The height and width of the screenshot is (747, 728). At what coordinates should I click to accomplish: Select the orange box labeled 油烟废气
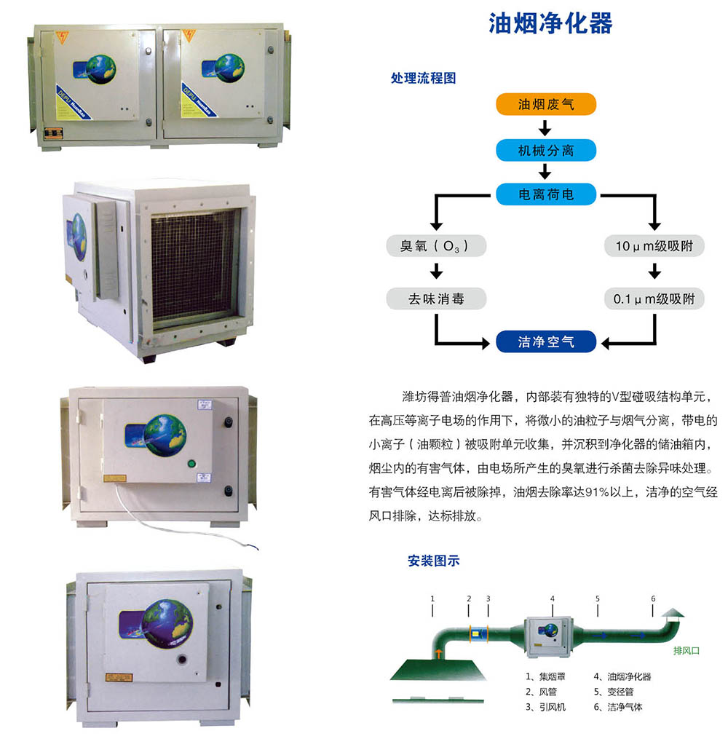[546, 104]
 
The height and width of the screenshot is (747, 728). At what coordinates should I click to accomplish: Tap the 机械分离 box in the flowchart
[546, 151]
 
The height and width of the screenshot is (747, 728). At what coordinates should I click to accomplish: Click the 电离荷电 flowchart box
[546, 194]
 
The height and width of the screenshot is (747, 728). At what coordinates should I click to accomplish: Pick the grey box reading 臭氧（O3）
[436, 246]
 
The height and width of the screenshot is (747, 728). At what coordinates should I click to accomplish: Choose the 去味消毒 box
[436, 298]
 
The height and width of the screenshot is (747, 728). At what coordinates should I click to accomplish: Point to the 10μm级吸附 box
[654, 246]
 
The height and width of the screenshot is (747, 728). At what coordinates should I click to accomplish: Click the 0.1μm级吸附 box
[654, 298]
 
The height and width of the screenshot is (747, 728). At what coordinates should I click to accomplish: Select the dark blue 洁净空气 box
[546, 341]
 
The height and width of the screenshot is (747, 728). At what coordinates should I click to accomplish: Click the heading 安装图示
[434, 561]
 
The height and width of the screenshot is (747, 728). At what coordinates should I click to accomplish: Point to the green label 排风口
[686, 651]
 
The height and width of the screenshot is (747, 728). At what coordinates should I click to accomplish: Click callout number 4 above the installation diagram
[552, 598]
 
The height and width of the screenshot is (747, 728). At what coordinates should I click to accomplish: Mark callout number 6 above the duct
[653, 598]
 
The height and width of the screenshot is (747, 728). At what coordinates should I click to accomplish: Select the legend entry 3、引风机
[545, 707]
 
